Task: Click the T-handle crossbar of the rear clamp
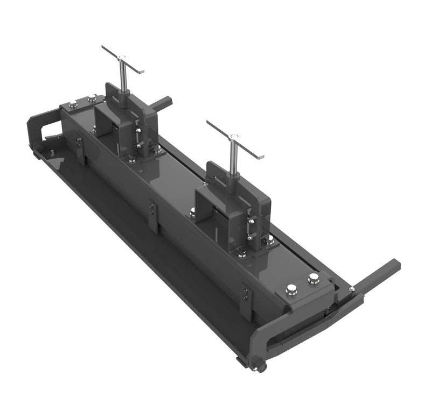tap(123, 59)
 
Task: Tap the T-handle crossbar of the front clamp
tap(235, 139)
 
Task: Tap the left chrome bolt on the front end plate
tap(291, 290)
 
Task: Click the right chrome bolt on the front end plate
tap(314, 279)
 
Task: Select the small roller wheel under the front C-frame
tap(261, 367)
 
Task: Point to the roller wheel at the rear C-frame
tap(37, 147)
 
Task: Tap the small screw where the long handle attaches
tap(351, 289)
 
